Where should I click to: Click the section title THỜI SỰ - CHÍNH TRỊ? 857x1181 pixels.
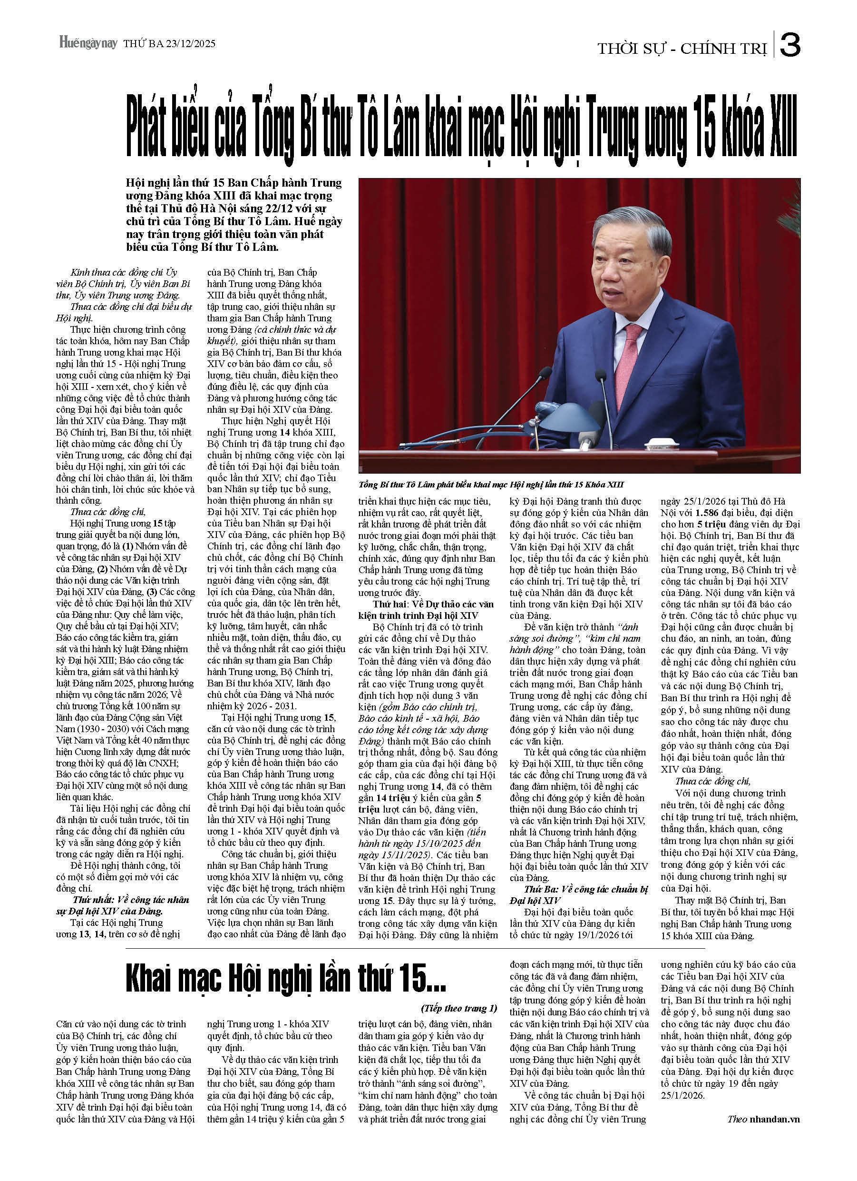(682, 49)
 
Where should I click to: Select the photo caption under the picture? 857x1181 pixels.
(491, 485)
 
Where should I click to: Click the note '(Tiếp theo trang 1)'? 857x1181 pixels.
(459, 1009)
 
